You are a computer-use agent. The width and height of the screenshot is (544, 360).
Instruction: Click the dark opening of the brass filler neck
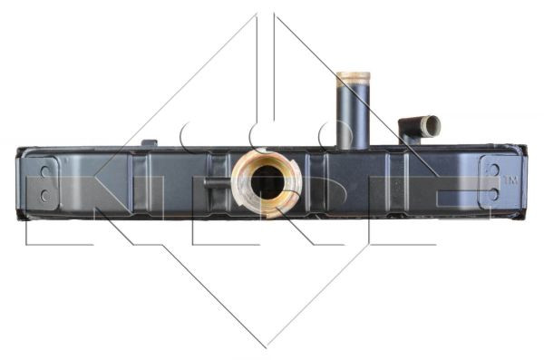point(267,182)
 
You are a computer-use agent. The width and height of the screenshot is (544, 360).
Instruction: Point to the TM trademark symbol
point(510,180)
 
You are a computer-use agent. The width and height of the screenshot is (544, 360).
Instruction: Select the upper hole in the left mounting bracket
point(45,171)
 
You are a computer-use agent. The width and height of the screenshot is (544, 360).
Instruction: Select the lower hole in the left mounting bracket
point(45,196)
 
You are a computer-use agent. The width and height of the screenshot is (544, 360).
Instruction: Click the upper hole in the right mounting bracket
point(494,170)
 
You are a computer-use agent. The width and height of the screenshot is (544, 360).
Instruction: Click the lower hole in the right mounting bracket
point(494,194)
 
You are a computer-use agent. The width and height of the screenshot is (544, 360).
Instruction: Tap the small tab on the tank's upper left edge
point(150,142)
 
